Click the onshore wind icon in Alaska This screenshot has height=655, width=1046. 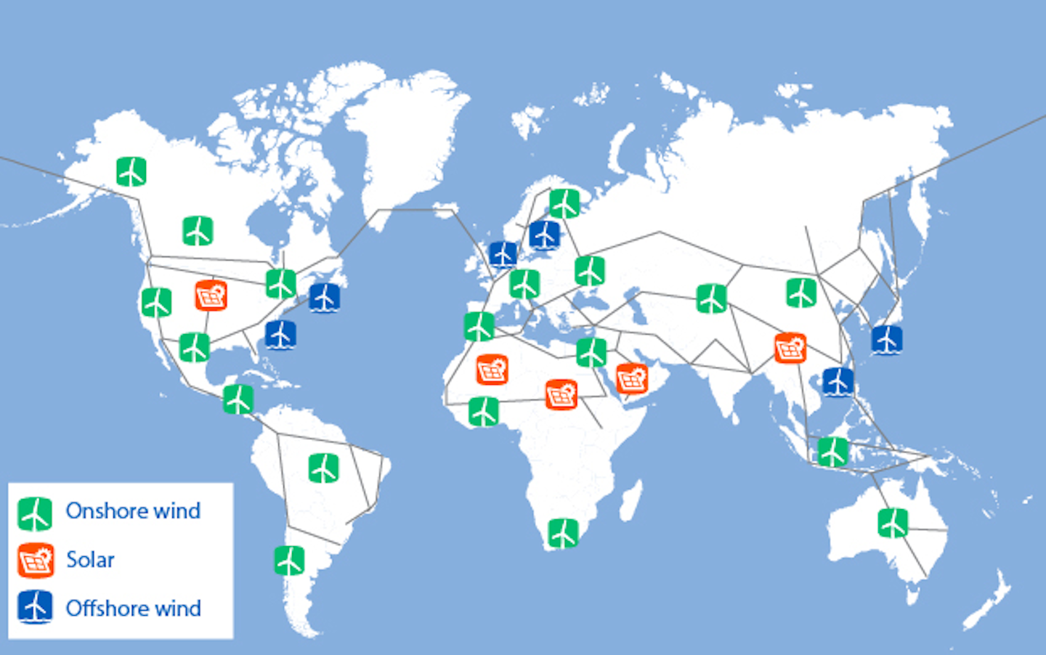131,171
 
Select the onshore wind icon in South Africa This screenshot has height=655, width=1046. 563,533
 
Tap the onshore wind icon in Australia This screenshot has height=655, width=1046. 893,522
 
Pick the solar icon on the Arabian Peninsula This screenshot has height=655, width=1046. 631,378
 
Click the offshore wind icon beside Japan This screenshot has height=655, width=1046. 886,340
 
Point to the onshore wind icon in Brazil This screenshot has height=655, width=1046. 323,468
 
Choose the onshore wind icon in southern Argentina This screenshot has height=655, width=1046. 289,561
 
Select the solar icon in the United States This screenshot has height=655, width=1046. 211,295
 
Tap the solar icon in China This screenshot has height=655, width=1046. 790,348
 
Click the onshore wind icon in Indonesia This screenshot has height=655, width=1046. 832,452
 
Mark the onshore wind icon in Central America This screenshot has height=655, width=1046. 238,399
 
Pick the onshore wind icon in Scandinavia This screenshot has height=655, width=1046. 564,203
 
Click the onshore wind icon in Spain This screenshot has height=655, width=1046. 479,327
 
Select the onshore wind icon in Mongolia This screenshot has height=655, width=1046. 801,293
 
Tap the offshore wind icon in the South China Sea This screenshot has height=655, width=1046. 838,382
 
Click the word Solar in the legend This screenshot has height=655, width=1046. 90,560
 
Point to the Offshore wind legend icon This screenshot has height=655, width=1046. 35,608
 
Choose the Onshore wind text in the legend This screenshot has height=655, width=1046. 133,511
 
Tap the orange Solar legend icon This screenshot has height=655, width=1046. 36,560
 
